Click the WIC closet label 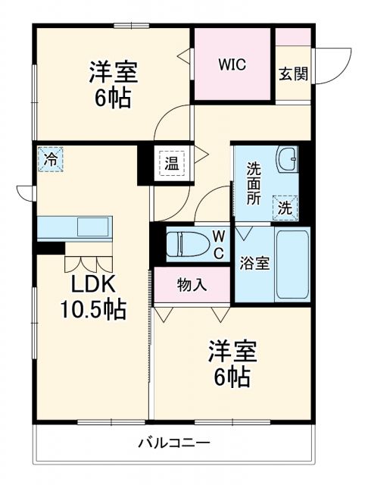[232, 64]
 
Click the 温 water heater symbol [172, 163]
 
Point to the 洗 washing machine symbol [285, 207]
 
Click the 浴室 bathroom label [254, 266]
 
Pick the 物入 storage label [191, 285]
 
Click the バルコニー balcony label [174, 443]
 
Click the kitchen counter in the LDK [74, 227]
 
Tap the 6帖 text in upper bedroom [113, 99]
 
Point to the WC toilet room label [217, 244]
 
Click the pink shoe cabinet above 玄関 [292, 37]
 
